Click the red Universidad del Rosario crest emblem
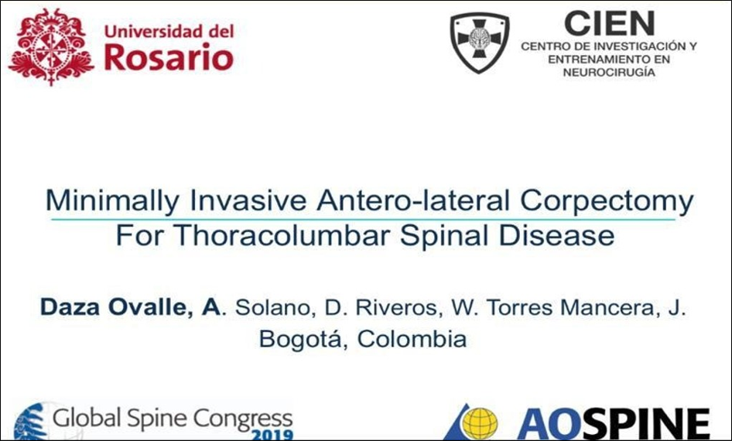point(51,46)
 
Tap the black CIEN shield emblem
point(480,43)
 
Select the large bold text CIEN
point(609,23)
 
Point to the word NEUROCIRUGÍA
point(609,72)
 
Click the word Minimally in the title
point(112,201)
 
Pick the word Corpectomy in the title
point(607,201)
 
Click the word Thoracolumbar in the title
point(282,235)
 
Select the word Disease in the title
point(556,235)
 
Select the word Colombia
point(412,339)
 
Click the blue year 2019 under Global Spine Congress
point(272,435)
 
